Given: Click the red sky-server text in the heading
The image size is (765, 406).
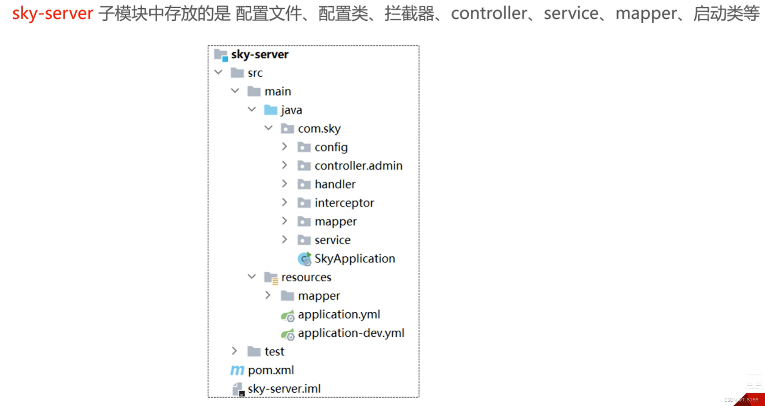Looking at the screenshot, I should (53, 13).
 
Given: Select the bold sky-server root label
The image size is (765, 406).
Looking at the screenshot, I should (259, 54).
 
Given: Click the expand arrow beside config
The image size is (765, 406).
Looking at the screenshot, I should (285, 146).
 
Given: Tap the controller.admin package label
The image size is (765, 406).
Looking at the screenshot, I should (358, 165).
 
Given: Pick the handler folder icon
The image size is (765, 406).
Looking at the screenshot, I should (304, 184).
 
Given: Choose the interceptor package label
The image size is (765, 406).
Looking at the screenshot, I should (344, 203).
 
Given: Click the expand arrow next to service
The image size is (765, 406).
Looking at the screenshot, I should (285, 239).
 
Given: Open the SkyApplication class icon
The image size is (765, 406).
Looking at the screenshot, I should (304, 259).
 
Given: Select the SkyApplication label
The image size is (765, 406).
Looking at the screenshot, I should (354, 258).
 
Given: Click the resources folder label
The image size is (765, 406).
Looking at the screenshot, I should (306, 277).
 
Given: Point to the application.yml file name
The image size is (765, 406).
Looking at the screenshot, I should (339, 314).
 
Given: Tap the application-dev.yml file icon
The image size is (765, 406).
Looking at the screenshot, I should (287, 333).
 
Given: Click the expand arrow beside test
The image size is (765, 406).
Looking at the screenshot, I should (234, 351).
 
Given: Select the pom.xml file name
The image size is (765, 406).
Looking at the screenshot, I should (270, 370).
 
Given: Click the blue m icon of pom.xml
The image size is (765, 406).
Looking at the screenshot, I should (237, 370).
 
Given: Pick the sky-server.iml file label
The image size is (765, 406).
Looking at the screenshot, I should (284, 389).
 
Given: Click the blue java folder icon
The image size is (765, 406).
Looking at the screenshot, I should (270, 110).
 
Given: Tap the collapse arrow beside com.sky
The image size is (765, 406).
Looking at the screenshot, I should (268, 128).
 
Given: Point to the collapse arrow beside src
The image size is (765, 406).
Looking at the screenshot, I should (219, 73).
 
